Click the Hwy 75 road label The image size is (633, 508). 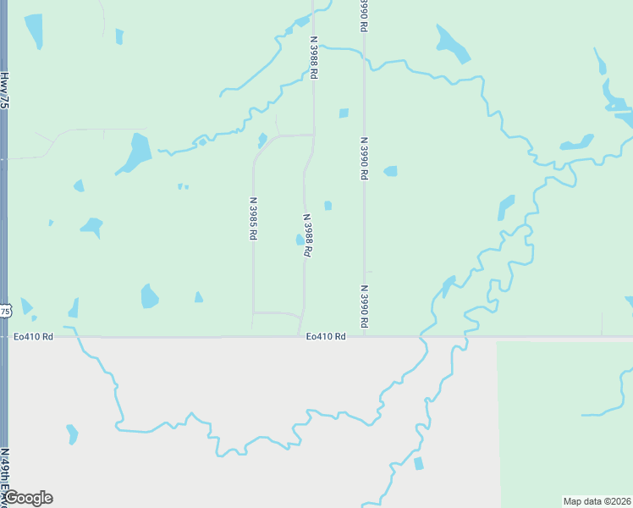(4, 90)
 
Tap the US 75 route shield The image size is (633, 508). (5, 312)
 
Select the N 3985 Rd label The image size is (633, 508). (253, 218)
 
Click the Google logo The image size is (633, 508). (28, 498)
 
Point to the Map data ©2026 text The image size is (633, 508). (597, 501)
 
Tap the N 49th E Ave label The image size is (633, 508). (4, 479)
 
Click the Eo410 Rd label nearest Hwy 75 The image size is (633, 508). (33, 336)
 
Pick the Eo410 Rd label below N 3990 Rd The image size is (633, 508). (327, 336)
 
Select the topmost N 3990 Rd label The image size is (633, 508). (363, 15)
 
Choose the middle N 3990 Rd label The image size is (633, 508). (364, 158)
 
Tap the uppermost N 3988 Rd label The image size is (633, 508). (314, 57)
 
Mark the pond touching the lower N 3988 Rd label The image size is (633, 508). (300, 240)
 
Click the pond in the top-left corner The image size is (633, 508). (35, 30)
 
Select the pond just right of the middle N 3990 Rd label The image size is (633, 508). (390, 171)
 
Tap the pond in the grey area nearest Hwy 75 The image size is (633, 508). (72, 434)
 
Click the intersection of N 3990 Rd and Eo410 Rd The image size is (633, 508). (365, 336)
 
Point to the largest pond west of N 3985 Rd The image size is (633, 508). (135, 152)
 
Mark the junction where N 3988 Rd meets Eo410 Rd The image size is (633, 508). (302, 336)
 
